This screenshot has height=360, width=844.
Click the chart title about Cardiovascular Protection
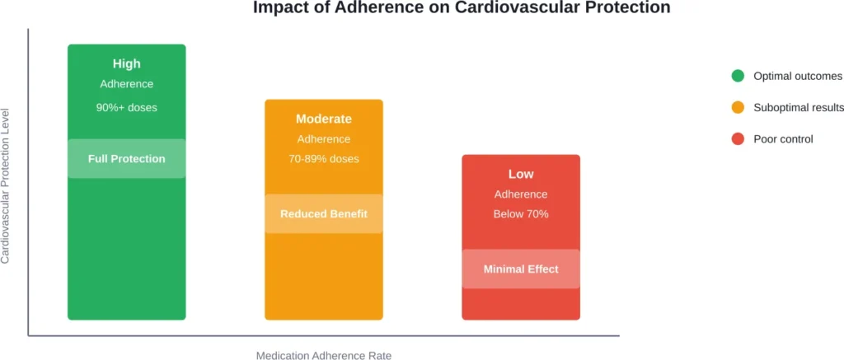tap(462, 9)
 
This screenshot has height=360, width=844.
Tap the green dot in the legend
tap(738, 76)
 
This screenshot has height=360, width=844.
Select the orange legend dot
tap(738, 107)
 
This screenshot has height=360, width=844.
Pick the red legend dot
tap(738, 138)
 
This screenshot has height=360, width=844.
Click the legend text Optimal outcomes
tap(798, 76)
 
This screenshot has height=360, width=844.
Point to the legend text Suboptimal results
tap(798, 107)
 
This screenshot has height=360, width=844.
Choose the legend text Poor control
tap(783, 138)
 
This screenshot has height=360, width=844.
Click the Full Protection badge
tap(127, 159)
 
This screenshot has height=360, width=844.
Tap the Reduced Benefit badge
tap(324, 214)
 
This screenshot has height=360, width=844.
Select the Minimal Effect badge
tap(521, 269)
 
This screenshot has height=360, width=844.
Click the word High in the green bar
tap(127, 63)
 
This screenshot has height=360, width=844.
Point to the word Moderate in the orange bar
tap(324, 119)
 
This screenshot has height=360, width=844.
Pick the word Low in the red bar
tap(521, 174)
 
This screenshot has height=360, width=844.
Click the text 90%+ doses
tap(127, 107)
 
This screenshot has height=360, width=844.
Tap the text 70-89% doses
tap(324, 158)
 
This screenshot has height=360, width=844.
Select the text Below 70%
tap(521, 213)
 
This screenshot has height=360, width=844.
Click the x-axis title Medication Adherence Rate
tap(324, 355)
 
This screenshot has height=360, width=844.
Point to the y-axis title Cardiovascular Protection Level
tap(6, 185)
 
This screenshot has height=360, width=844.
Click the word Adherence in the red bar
tap(521, 194)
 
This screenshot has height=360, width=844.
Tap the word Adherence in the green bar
tap(127, 84)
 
